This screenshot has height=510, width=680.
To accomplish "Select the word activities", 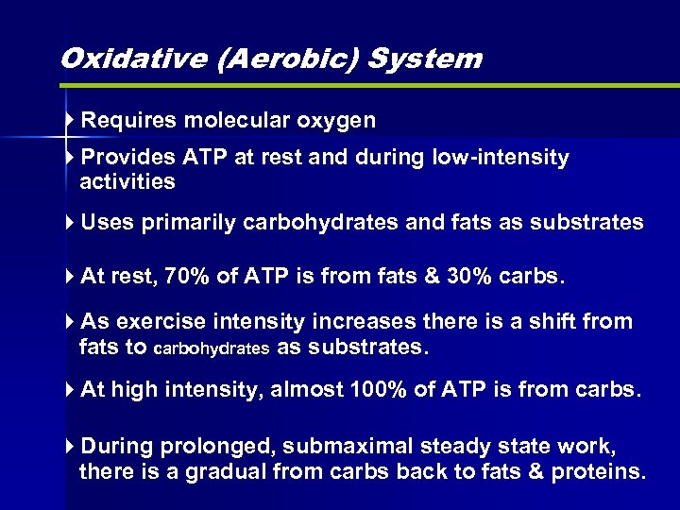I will coord(128,180).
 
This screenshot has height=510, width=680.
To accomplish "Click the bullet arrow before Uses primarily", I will coord(72,223).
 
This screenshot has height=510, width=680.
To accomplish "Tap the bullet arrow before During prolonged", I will coord(72,447).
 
